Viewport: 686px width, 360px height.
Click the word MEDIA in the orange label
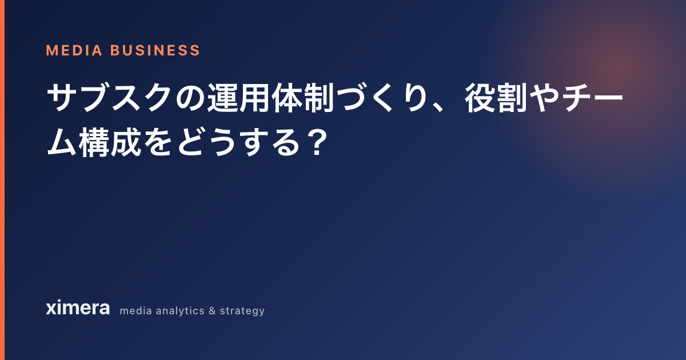tap(74, 50)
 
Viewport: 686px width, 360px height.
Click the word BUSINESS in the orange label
tap(155, 50)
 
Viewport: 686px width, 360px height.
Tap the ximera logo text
tap(78, 307)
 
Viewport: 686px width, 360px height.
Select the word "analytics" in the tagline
tap(180, 311)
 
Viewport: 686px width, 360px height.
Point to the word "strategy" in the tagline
tap(242, 311)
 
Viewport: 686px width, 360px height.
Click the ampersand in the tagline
tap(212, 311)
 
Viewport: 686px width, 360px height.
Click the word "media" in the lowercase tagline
tap(135, 311)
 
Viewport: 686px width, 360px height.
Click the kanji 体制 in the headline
tap(302, 98)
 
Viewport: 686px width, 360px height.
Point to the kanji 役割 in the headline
tap(496, 98)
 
